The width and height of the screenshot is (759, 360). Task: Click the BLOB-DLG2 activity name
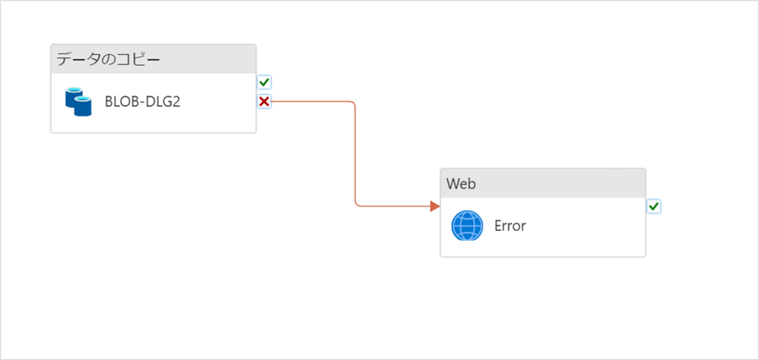142,102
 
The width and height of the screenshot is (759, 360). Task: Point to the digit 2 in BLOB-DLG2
176,102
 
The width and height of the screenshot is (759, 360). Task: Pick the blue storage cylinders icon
78,102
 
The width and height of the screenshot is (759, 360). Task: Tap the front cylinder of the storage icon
83,106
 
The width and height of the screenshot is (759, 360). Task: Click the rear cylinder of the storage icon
73,96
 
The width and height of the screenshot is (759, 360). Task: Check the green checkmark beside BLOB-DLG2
264,82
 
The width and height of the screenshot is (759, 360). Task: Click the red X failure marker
264,101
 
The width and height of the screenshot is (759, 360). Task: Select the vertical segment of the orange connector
355,155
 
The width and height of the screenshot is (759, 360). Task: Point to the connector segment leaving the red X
310,101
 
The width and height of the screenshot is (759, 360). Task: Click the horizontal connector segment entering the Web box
392,206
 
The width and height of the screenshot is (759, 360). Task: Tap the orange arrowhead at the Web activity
435,206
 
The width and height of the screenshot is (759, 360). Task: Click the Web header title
461,183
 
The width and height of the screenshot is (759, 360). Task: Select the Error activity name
510,226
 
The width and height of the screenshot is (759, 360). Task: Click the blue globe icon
467,226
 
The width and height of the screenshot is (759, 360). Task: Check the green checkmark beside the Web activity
654,206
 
